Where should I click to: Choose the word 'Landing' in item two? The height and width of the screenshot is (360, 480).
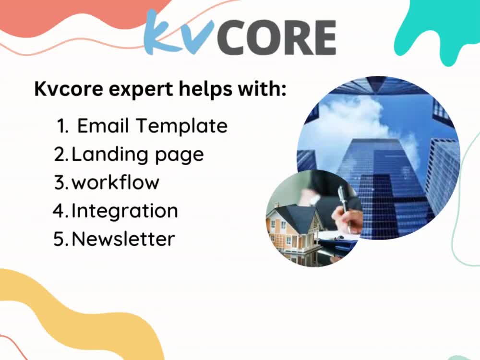103,155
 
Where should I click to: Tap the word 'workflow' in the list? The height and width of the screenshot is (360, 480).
115,182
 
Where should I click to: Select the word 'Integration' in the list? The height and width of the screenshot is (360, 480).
125,211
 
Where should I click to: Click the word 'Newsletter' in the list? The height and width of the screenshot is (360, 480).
123,239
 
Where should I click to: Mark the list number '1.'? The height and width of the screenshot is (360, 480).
62,126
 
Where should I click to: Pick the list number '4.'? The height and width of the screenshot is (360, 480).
61,211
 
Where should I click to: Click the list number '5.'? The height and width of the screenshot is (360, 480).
61,239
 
